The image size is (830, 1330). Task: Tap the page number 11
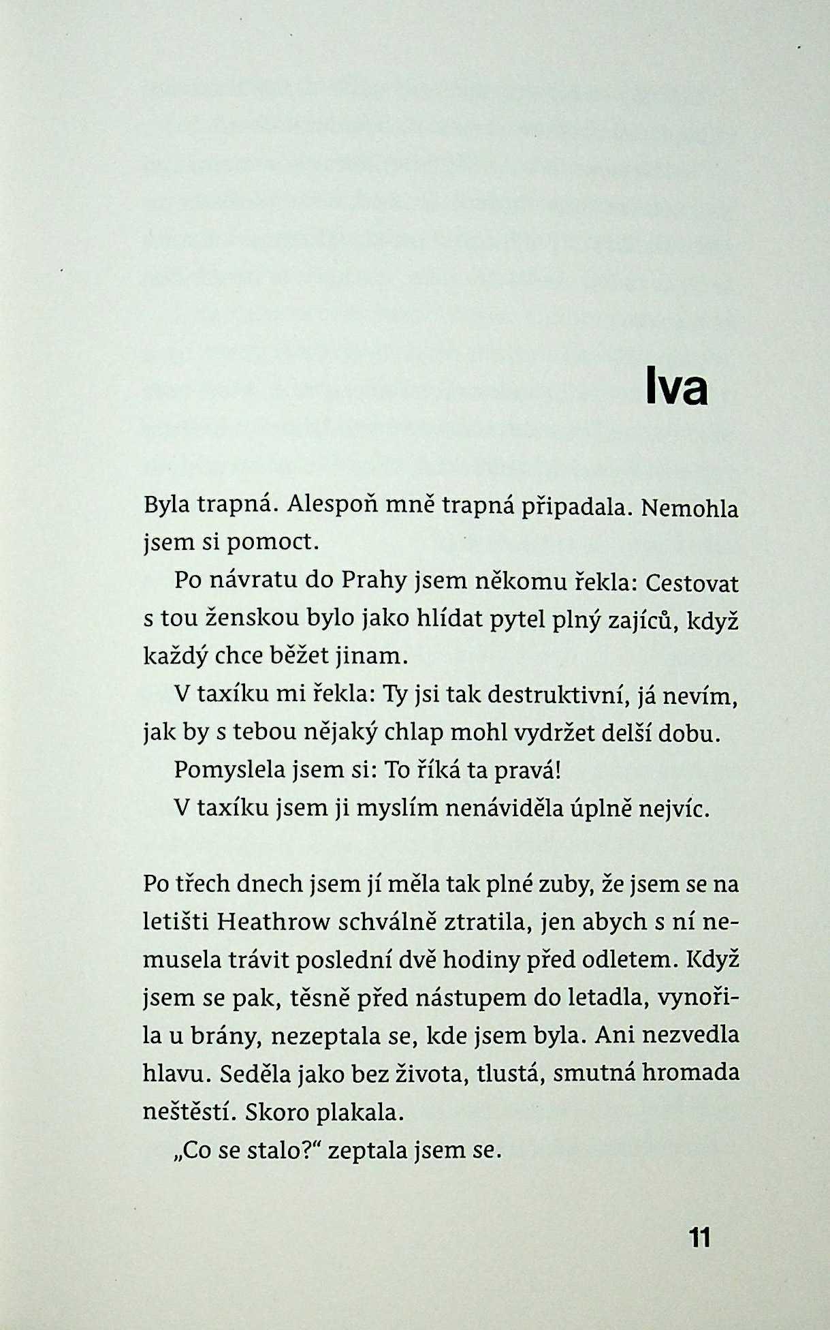click(x=699, y=1237)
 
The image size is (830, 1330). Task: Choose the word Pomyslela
click(x=229, y=770)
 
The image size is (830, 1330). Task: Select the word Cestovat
click(x=691, y=583)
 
